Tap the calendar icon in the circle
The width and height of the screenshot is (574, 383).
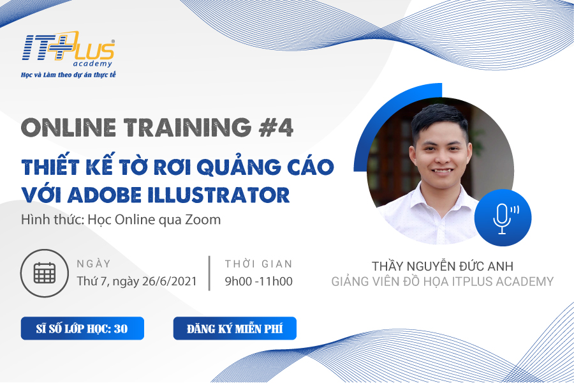[44, 273]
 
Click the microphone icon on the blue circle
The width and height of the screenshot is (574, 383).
[505, 219]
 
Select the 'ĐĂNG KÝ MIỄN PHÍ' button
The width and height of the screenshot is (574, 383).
[235, 328]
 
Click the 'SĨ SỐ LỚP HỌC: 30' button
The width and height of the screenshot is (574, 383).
[82, 328]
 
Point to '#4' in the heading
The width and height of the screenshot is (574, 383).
[276, 128]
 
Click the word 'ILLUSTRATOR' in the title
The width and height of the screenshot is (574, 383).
[221, 195]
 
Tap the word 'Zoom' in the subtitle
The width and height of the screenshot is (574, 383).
[203, 220]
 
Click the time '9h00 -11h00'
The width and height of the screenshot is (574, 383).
[259, 281]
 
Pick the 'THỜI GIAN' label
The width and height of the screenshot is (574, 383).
[259, 264]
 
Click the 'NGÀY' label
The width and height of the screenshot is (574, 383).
[94, 264]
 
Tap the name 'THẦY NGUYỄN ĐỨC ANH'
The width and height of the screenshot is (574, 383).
[443, 266]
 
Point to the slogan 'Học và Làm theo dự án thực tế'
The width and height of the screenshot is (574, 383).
[68, 75]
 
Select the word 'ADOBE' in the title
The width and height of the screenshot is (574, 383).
[107, 195]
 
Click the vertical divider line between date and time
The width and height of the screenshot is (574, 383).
[209, 273]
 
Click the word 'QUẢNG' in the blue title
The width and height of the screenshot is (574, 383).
[239, 167]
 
